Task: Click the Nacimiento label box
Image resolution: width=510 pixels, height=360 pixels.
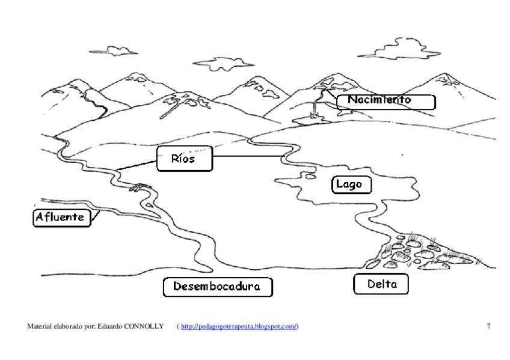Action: [x=386, y=101]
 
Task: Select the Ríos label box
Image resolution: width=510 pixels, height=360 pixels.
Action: [x=185, y=159]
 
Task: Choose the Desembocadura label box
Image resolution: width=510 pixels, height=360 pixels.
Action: [x=217, y=287]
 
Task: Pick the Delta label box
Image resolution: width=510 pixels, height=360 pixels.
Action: [x=381, y=284]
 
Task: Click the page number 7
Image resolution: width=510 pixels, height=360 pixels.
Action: [x=488, y=326]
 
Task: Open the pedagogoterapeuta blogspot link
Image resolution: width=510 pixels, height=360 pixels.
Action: [x=239, y=326]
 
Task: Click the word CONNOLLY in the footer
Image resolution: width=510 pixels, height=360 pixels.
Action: [x=144, y=326]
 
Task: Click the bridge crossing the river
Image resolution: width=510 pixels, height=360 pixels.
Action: [x=138, y=187]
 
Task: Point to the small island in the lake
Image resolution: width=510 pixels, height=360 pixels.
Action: [x=310, y=177]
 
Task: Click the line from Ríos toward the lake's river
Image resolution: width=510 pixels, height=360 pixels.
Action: [x=247, y=157]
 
